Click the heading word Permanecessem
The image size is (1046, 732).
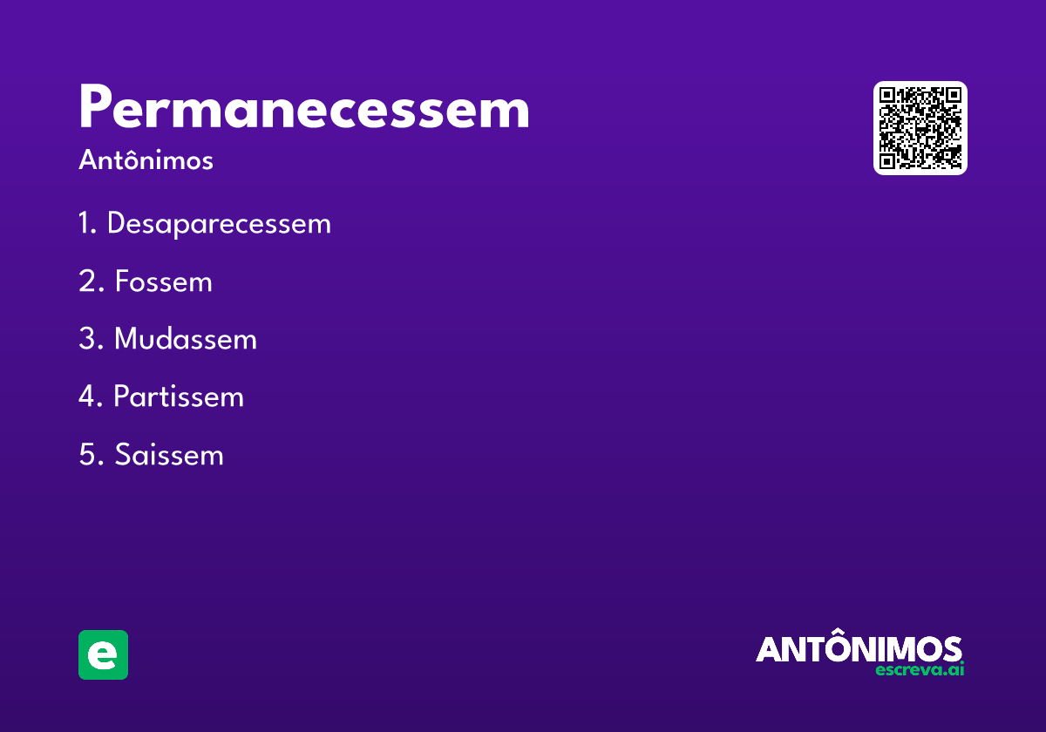(303, 110)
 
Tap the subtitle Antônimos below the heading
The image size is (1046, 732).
(146, 161)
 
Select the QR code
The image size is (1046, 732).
(920, 128)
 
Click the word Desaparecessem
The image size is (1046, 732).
(219, 224)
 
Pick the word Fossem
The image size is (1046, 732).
(163, 282)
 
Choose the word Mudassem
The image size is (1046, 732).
(185, 340)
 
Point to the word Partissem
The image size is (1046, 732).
(179, 397)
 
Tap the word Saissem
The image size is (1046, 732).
(169, 455)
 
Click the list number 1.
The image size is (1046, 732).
(85, 224)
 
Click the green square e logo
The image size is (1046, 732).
(103, 654)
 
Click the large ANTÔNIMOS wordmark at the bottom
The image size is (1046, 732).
(859, 648)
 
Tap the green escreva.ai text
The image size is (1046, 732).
(920, 670)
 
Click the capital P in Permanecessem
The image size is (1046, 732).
(97, 110)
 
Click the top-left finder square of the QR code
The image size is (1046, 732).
(888, 97)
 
